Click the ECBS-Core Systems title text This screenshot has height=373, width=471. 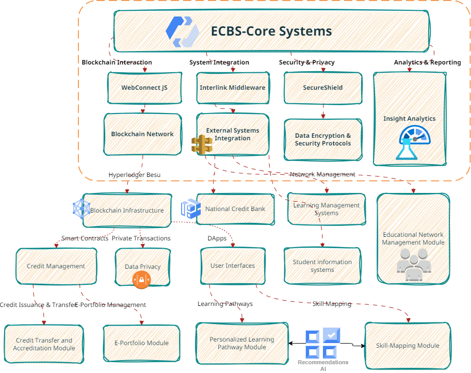tap(271, 31)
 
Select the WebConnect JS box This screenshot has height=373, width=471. tap(144, 88)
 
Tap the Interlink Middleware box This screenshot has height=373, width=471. tap(233, 88)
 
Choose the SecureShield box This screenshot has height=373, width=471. tap(323, 88)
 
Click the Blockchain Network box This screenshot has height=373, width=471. tap(142, 134)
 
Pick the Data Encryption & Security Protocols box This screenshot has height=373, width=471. tap(323, 140)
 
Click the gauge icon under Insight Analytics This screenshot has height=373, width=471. tap(415, 142)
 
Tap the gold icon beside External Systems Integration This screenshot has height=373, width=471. tap(202, 145)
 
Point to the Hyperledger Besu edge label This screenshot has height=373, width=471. tap(134, 175)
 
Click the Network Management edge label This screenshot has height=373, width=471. tap(322, 174)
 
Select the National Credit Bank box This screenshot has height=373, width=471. tap(235, 209)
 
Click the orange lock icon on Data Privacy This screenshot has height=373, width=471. tap(141, 280)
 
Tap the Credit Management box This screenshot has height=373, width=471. tap(56, 266)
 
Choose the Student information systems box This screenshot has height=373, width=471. tap(322, 266)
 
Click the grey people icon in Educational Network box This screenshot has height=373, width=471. tap(414, 265)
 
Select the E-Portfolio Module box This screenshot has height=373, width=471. tap(141, 343)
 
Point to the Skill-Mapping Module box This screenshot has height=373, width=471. tap(408, 346)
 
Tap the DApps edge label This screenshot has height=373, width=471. tap(217, 238)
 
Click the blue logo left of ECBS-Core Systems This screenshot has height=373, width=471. tap(183, 32)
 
